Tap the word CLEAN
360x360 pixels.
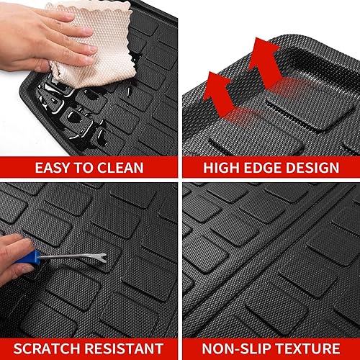click(x=118, y=168)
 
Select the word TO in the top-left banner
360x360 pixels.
click(x=81, y=168)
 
